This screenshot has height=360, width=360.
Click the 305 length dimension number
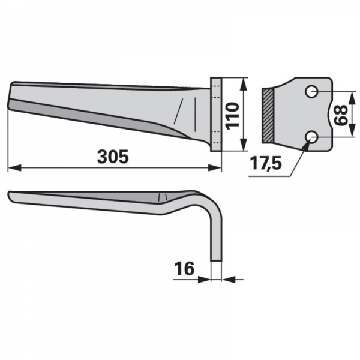point(113,157)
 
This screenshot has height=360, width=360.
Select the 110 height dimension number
point(232,116)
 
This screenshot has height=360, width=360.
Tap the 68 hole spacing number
point(340,115)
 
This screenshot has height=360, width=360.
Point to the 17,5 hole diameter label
point(265,163)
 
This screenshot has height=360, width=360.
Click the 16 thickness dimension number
point(184,268)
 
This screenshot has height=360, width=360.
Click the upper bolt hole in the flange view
point(311,92)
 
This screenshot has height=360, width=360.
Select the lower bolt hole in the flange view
point(311,137)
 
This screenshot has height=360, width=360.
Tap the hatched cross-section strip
point(268,115)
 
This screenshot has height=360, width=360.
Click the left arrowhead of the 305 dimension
point(14,167)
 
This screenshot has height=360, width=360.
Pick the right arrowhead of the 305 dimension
point(214,167)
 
